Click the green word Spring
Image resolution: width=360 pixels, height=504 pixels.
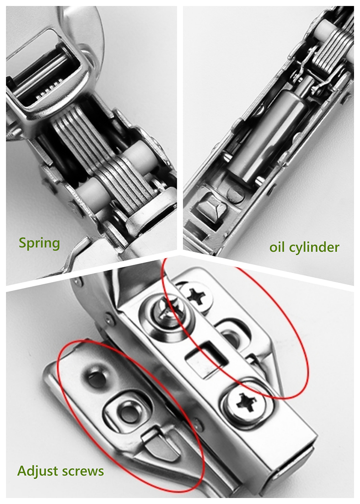tap(39, 243)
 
